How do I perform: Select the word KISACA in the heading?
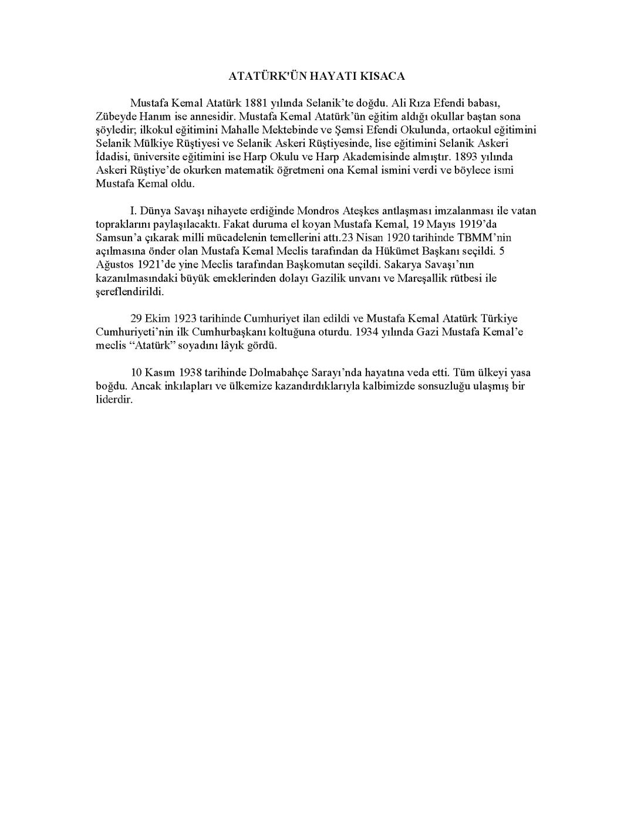pos(384,76)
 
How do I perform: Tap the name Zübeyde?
pos(117,116)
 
